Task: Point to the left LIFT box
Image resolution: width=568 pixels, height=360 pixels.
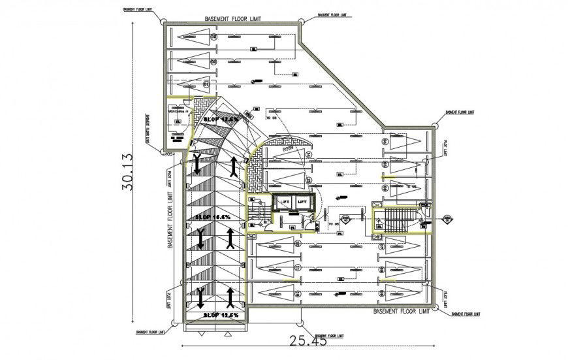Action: click(285, 203)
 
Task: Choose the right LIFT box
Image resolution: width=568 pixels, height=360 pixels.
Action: click(302, 203)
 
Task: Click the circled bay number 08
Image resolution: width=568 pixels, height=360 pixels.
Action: click(213, 37)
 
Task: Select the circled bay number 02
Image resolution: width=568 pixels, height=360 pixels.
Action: click(207, 84)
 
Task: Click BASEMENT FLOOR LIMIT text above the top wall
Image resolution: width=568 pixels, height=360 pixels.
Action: click(232, 19)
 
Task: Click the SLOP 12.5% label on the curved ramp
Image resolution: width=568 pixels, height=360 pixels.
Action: click(221, 120)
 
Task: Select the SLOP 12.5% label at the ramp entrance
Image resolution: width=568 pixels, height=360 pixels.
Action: click(221, 316)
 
